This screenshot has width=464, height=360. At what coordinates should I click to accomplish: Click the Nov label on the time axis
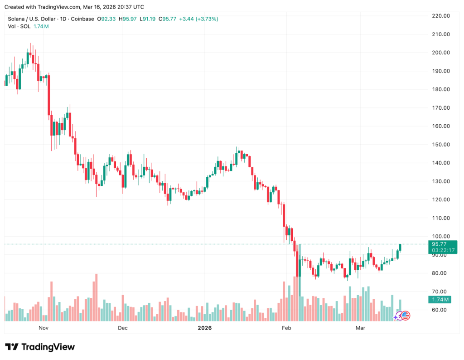coord(43,328)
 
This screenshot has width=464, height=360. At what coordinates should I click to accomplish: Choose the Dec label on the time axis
coord(122,328)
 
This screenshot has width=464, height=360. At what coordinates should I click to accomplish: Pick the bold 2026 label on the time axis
coord(205,328)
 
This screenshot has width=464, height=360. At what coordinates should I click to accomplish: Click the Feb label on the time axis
coord(286,328)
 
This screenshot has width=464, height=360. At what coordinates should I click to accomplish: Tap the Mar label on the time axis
coord(360,328)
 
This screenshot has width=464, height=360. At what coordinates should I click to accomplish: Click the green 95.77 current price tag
coord(440,244)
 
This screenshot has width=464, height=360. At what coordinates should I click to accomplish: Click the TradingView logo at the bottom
coord(40,347)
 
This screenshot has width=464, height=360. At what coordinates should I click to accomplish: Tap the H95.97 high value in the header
coord(127,19)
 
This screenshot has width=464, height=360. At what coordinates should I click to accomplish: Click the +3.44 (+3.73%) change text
coord(198,19)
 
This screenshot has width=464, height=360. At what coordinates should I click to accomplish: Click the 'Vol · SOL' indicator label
coord(19,27)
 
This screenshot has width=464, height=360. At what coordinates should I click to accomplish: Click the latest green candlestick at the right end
coord(400,248)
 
